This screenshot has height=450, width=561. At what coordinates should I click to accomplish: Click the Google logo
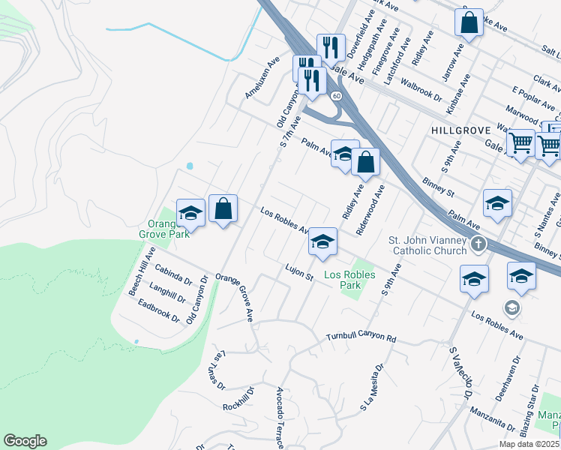[x=25, y=441]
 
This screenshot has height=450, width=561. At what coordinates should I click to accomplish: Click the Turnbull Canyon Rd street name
[x=361, y=338]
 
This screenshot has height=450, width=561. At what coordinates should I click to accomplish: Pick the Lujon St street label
[x=298, y=272]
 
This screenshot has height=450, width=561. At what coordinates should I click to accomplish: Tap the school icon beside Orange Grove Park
[x=190, y=213]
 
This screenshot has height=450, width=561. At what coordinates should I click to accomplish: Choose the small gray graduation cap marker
[x=511, y=307]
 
